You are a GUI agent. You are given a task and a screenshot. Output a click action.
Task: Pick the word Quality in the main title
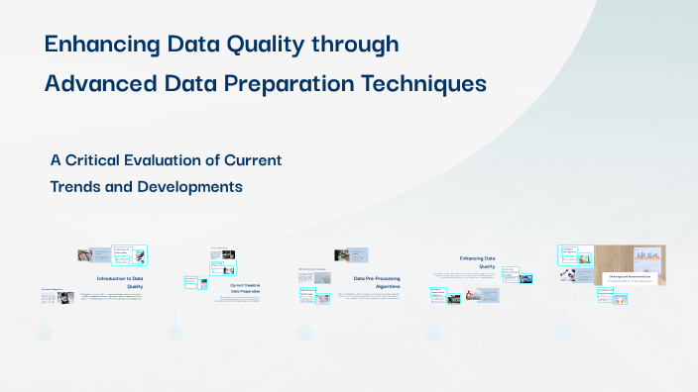267,45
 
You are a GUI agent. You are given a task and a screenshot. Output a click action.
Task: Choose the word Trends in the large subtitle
81,185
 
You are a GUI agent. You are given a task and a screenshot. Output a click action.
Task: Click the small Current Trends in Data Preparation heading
245,289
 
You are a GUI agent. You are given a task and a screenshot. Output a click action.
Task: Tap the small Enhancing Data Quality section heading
477,262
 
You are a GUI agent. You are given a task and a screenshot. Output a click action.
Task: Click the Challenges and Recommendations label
630,277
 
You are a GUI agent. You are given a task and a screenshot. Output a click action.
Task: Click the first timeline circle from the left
45,334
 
